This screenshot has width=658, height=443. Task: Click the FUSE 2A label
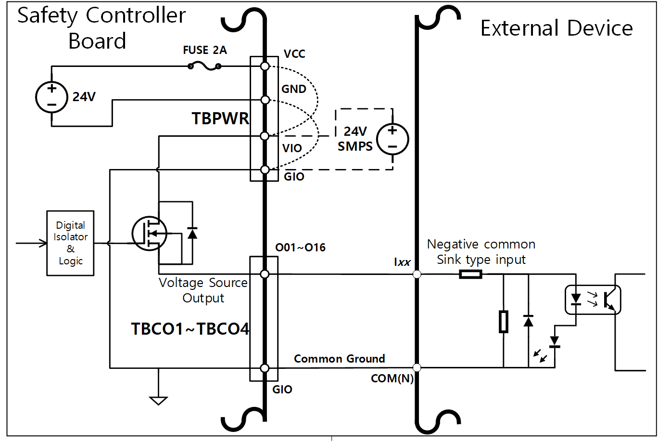click(x=205, y=50)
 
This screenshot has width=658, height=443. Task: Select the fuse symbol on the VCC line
click(x=204, y=66)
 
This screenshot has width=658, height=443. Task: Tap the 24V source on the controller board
click(x=51, y=97)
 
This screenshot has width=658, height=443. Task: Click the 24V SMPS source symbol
click(x=392, y=139)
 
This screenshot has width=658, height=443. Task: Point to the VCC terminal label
click(x=294, y=54)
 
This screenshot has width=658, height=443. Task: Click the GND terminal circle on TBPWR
click(x=265, y=100)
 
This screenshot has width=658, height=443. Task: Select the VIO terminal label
click(x=292, y=148)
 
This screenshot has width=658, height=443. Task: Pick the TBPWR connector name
click(x=220, y=118)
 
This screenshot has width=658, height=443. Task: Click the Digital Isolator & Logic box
click(x=70, y=243)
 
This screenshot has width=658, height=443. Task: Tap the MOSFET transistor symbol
click(x=149, y=234)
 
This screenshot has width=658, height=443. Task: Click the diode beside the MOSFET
click(x=192, y=233)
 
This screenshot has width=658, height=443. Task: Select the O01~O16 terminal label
click(x=300, y=248)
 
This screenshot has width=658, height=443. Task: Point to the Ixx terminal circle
click(x=417, y=274)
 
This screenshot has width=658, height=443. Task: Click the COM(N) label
click(x=392, y=378)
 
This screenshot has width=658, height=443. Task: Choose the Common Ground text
click(x=339, y=359)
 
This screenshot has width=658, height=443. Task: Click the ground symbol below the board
click(x=158, y=400)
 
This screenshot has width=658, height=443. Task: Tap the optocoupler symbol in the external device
click(x=592, y=300)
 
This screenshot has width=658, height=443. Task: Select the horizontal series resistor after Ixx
click(x=470, y=274)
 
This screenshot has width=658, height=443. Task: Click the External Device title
click(x=557, y=28)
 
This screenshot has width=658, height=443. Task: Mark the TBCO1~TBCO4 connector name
click(x=190, y=329)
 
